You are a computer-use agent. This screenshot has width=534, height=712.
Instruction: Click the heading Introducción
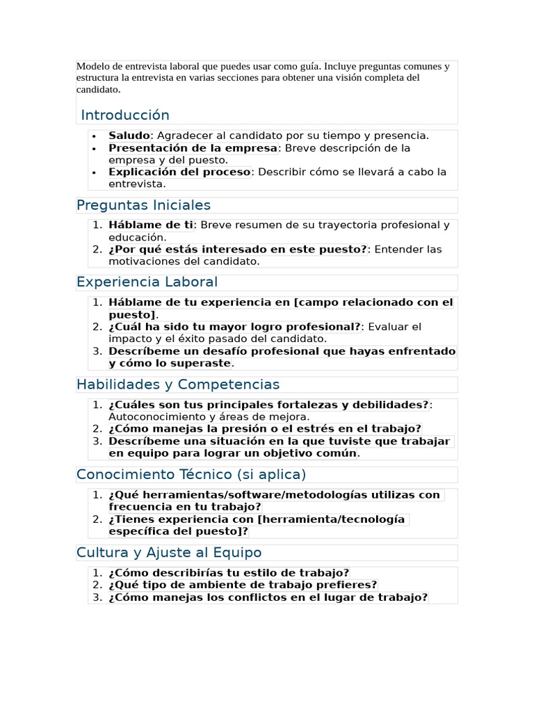click(125, 115)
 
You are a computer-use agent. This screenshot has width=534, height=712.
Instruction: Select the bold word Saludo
click(129, 136)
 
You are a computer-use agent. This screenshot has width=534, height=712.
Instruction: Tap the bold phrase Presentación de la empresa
click(193, 148)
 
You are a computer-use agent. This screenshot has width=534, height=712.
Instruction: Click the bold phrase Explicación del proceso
click(179, 172)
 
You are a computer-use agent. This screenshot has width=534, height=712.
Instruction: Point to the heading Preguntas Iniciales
click(143, 205)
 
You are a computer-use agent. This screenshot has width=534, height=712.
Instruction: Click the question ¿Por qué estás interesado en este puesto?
click(238, 250)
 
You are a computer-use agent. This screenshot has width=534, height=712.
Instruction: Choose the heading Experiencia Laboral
click(147, 282)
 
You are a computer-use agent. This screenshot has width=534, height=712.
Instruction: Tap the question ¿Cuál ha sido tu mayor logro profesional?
click(235, 327)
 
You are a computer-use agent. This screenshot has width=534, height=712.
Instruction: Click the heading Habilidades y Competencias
click(178, 385)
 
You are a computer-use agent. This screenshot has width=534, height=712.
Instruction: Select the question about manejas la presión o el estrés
click(265, 429)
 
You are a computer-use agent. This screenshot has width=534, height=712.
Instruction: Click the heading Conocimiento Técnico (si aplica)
click(191, 474)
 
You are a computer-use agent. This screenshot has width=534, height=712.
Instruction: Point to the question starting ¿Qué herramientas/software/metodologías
click(275, 495)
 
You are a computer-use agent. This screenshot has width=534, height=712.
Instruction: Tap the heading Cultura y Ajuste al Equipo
click(169, 553)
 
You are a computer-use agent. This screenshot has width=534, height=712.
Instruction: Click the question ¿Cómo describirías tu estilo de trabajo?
click(229, 573)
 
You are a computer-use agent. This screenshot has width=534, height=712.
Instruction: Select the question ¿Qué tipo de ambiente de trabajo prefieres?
click(243, 585)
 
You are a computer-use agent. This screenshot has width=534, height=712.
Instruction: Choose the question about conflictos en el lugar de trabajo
click(268, 597)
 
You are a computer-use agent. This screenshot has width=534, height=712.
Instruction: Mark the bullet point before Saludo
click(94, 136)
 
